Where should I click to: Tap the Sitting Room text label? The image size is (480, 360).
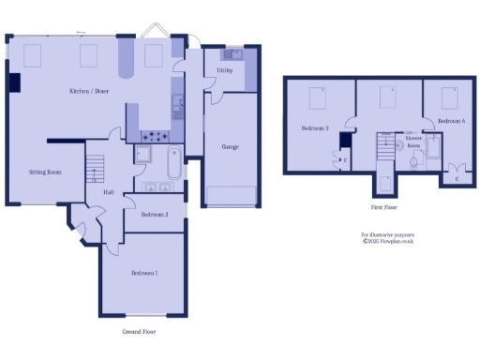[44, 172]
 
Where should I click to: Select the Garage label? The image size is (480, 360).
[229, 147]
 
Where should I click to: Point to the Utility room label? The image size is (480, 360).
[224, 70]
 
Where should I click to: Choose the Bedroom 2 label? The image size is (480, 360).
[155, 215]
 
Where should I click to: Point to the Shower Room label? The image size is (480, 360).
[413, 142]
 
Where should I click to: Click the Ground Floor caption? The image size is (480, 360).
[141, 332]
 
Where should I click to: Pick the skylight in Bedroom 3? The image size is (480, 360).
[319, 94]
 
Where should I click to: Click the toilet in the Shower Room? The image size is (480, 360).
[413, 160]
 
